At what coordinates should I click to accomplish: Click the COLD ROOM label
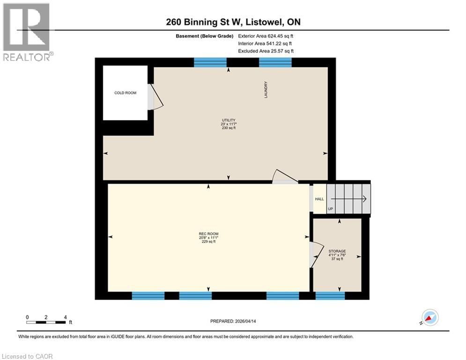point(126,93)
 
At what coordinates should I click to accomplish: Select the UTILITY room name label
point(229,120)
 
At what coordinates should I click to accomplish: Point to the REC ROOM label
point(208,234)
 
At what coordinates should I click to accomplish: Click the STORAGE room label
point(337,251)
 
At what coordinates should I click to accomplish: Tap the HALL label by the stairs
point(319,199)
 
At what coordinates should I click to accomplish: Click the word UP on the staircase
point(330,209)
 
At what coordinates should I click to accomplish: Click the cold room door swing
point(155,97)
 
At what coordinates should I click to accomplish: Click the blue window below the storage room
point(330,295)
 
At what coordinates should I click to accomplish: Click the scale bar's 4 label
point(66,317)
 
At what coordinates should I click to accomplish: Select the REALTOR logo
point(27,32)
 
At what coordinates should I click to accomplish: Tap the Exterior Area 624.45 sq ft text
point(266,36)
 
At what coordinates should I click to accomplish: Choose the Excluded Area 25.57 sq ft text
point(266,51)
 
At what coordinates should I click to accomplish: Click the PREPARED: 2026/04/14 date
point(233,321)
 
